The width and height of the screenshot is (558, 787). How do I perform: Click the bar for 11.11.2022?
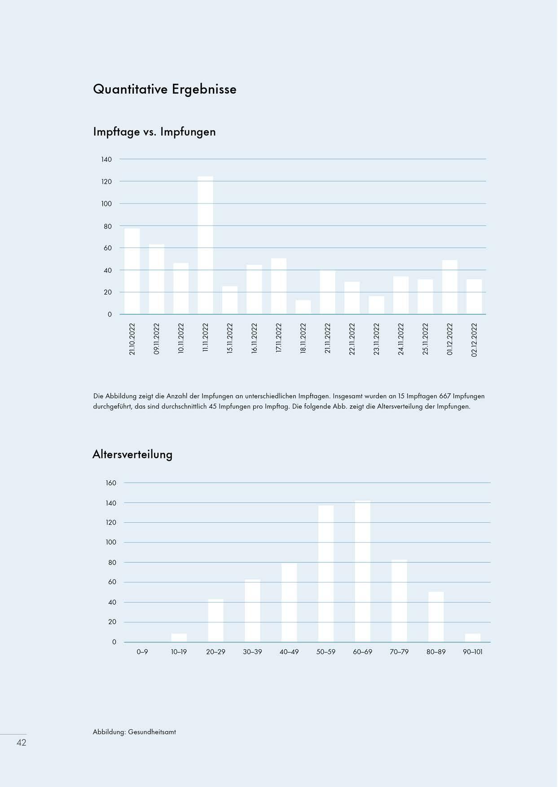(206, 245)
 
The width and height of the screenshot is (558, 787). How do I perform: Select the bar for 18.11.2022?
(303, 307)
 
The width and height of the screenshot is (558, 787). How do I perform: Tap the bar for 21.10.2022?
(132, 271)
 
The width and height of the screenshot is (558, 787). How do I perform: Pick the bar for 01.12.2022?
(450, 287)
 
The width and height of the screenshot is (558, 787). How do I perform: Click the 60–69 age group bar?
(363, 571)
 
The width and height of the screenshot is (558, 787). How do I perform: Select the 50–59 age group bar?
(326, 574)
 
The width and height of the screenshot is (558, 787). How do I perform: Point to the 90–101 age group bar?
(473, 638)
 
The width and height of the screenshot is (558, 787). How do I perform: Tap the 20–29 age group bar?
(215, 621)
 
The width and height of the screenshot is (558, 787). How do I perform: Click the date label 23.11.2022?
(377, 339)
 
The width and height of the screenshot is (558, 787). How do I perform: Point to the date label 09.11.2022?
(157, 339)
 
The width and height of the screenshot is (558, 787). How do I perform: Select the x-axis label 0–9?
(142, 652)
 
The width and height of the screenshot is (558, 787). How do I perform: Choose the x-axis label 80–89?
(436, 652)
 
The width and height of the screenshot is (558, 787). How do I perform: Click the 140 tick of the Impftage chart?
(106, 159)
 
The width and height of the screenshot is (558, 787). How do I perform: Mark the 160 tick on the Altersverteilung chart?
(111, 483)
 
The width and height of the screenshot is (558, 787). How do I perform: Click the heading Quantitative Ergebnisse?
(165, 89)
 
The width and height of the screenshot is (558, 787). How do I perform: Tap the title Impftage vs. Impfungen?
(154, 132)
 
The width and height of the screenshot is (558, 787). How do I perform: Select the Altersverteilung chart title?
(132, 454)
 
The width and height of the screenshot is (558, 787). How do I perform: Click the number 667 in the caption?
(444, 396)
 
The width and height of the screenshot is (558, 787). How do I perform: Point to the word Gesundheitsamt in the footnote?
(152, 732)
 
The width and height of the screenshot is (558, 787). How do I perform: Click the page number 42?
(21, 743)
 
